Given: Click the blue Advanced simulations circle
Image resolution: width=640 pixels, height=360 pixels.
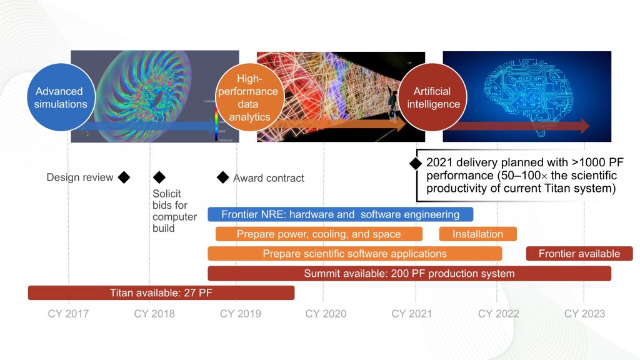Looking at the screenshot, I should (x=61, y=99).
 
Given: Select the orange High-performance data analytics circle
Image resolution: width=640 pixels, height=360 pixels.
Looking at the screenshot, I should (x=249, y=99).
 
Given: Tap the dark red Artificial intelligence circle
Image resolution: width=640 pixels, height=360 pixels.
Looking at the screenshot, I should (x=432, y=99).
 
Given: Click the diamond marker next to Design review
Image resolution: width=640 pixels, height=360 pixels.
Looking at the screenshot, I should (x=124, y=177).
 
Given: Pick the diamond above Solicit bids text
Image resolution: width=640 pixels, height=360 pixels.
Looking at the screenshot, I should (x=159, y=177).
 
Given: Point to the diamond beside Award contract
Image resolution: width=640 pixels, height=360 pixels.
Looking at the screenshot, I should (x=222, y=177).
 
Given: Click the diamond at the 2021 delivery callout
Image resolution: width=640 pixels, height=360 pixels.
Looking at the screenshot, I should (x=414, y=163).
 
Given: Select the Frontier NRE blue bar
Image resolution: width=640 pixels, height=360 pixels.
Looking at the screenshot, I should (x=340, y=214).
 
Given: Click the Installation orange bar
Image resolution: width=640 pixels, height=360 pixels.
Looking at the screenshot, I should (x=477, y=234).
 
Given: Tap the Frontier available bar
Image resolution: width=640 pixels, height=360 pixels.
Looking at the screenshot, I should (x=579, y=253).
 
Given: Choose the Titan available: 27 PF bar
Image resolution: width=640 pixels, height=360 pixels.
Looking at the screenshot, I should (x=161, y=292).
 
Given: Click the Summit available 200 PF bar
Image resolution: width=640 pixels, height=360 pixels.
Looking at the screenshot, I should (x=409, y=273).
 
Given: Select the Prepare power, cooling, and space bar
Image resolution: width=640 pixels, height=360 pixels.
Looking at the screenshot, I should (x=319, y=234).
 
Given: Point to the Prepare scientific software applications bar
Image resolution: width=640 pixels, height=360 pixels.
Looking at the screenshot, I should (x=354, y=253).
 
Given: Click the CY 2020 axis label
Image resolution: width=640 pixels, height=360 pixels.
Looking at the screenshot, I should (x=325, y=314).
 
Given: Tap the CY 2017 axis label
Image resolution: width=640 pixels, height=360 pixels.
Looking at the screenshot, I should (x=68, y=314).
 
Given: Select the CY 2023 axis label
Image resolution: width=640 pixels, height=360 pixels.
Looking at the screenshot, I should (x=584, y=314).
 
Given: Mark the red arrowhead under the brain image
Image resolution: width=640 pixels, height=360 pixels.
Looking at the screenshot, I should (x=584, y=126).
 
